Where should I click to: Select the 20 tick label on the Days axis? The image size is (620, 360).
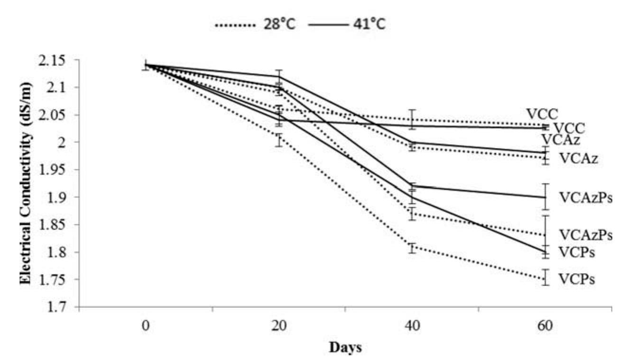(x=279, y=327)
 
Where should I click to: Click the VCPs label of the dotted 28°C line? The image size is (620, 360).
(x=576, y=279)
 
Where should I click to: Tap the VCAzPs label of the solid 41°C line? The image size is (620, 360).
(x=585, y=197)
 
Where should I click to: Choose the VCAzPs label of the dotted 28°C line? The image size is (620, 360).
(x=585, y=234)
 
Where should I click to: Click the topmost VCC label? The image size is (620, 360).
(x=542, y=114)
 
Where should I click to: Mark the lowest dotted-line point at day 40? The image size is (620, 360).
(x=413, y=247)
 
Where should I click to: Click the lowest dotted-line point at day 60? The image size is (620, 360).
(x=546, y=279)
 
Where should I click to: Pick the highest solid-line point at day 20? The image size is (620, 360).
(x=279, y=76)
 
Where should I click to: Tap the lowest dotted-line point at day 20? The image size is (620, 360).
(x=279, y=137)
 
